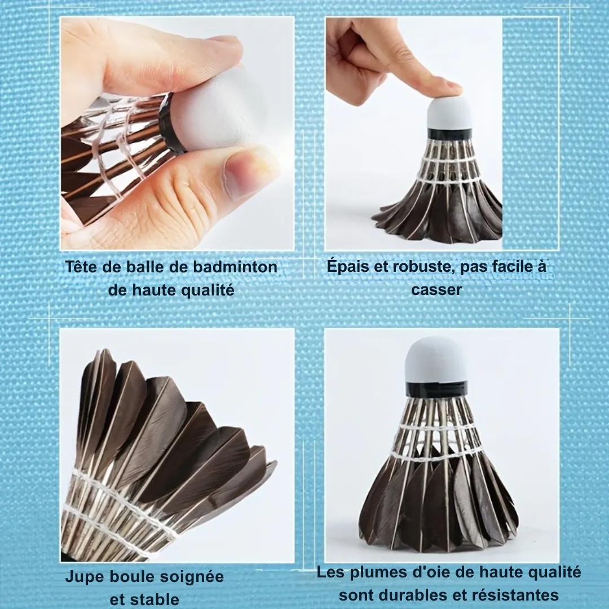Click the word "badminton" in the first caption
click(235, 267)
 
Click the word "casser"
click(436, 290)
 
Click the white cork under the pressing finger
click(449, 113)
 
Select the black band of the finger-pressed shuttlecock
click(450, 134)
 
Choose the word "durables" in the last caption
click(417, 595)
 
